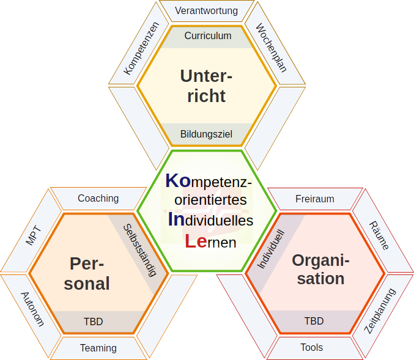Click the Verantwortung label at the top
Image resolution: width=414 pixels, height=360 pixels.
pos(206,11)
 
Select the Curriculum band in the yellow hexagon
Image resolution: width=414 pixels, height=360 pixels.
pos(208,35)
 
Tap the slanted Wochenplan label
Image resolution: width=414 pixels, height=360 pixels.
pos(271,48)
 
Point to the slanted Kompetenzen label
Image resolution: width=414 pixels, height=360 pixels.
pos(141,48)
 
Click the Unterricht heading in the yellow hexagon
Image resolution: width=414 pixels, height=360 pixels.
pos(207,86)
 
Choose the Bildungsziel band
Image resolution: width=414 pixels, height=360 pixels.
pos(206,134)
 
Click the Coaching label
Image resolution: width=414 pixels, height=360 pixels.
pos(98,198)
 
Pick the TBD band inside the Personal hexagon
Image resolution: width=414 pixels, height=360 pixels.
pos(93,321)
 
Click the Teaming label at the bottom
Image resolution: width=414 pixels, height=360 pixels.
pos(98,348)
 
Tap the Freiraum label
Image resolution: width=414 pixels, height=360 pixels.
pos(314,199)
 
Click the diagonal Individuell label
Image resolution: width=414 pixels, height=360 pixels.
pos(270,249)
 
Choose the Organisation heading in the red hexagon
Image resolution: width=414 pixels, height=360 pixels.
pos(320,269)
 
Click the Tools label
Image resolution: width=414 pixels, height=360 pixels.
pos(311,347)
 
